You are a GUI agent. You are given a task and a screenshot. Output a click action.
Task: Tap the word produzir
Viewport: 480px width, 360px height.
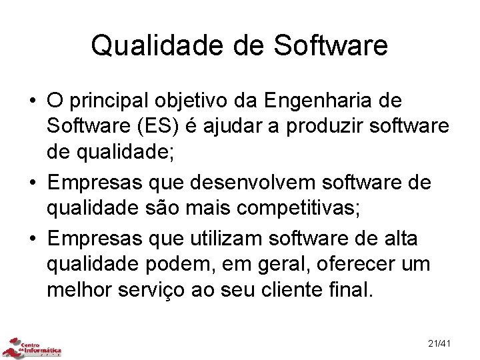[x=316, y=128]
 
